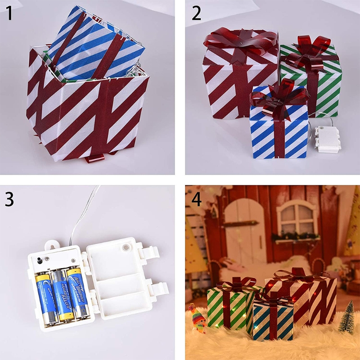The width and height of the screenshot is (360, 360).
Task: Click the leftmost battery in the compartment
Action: pyautogui.click(x=45, y=297)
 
